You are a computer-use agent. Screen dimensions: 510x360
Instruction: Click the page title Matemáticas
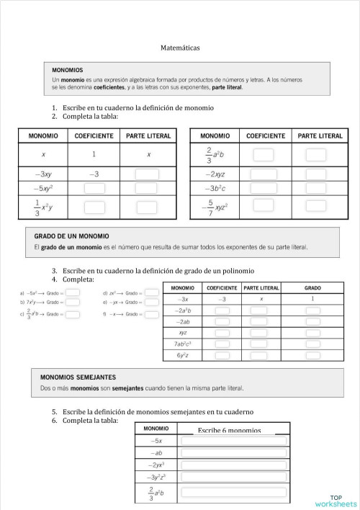tap(180, 48)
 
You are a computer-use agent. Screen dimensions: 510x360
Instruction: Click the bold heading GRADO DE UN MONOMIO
tap(72, 236)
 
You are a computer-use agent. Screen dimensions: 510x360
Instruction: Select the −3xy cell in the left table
tap(43, 174)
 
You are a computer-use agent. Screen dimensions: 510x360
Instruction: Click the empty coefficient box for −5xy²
tap(94, 189)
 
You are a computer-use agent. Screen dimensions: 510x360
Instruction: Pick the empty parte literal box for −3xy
tap(148, 174)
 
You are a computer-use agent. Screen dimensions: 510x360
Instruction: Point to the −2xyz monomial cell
tap(215, 174)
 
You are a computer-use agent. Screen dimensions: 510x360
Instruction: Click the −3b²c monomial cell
tap(215, 189)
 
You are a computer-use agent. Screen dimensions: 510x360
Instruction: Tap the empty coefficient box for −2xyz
tap(264, 174)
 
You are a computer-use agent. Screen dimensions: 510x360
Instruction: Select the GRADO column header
tap(312, 288)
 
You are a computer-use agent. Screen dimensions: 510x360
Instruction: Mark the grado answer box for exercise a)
tap(72, 293)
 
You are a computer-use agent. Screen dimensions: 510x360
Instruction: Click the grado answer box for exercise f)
tap(152, 315)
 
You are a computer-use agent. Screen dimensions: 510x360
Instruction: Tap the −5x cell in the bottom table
tap(156, 440)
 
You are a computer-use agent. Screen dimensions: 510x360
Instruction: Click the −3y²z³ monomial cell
tap(156, 477)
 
